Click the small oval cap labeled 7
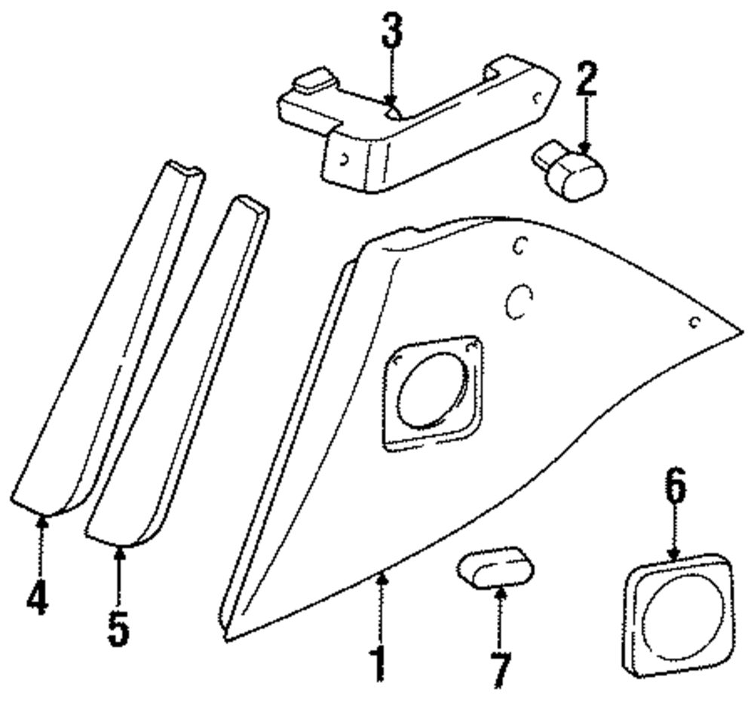coord(494,567)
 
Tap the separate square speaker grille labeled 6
coord(678,613)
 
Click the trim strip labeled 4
coord(106,340)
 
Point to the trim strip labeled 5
coord(177,370)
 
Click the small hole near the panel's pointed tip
coord(695,323)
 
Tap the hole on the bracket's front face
coord(344,159)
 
